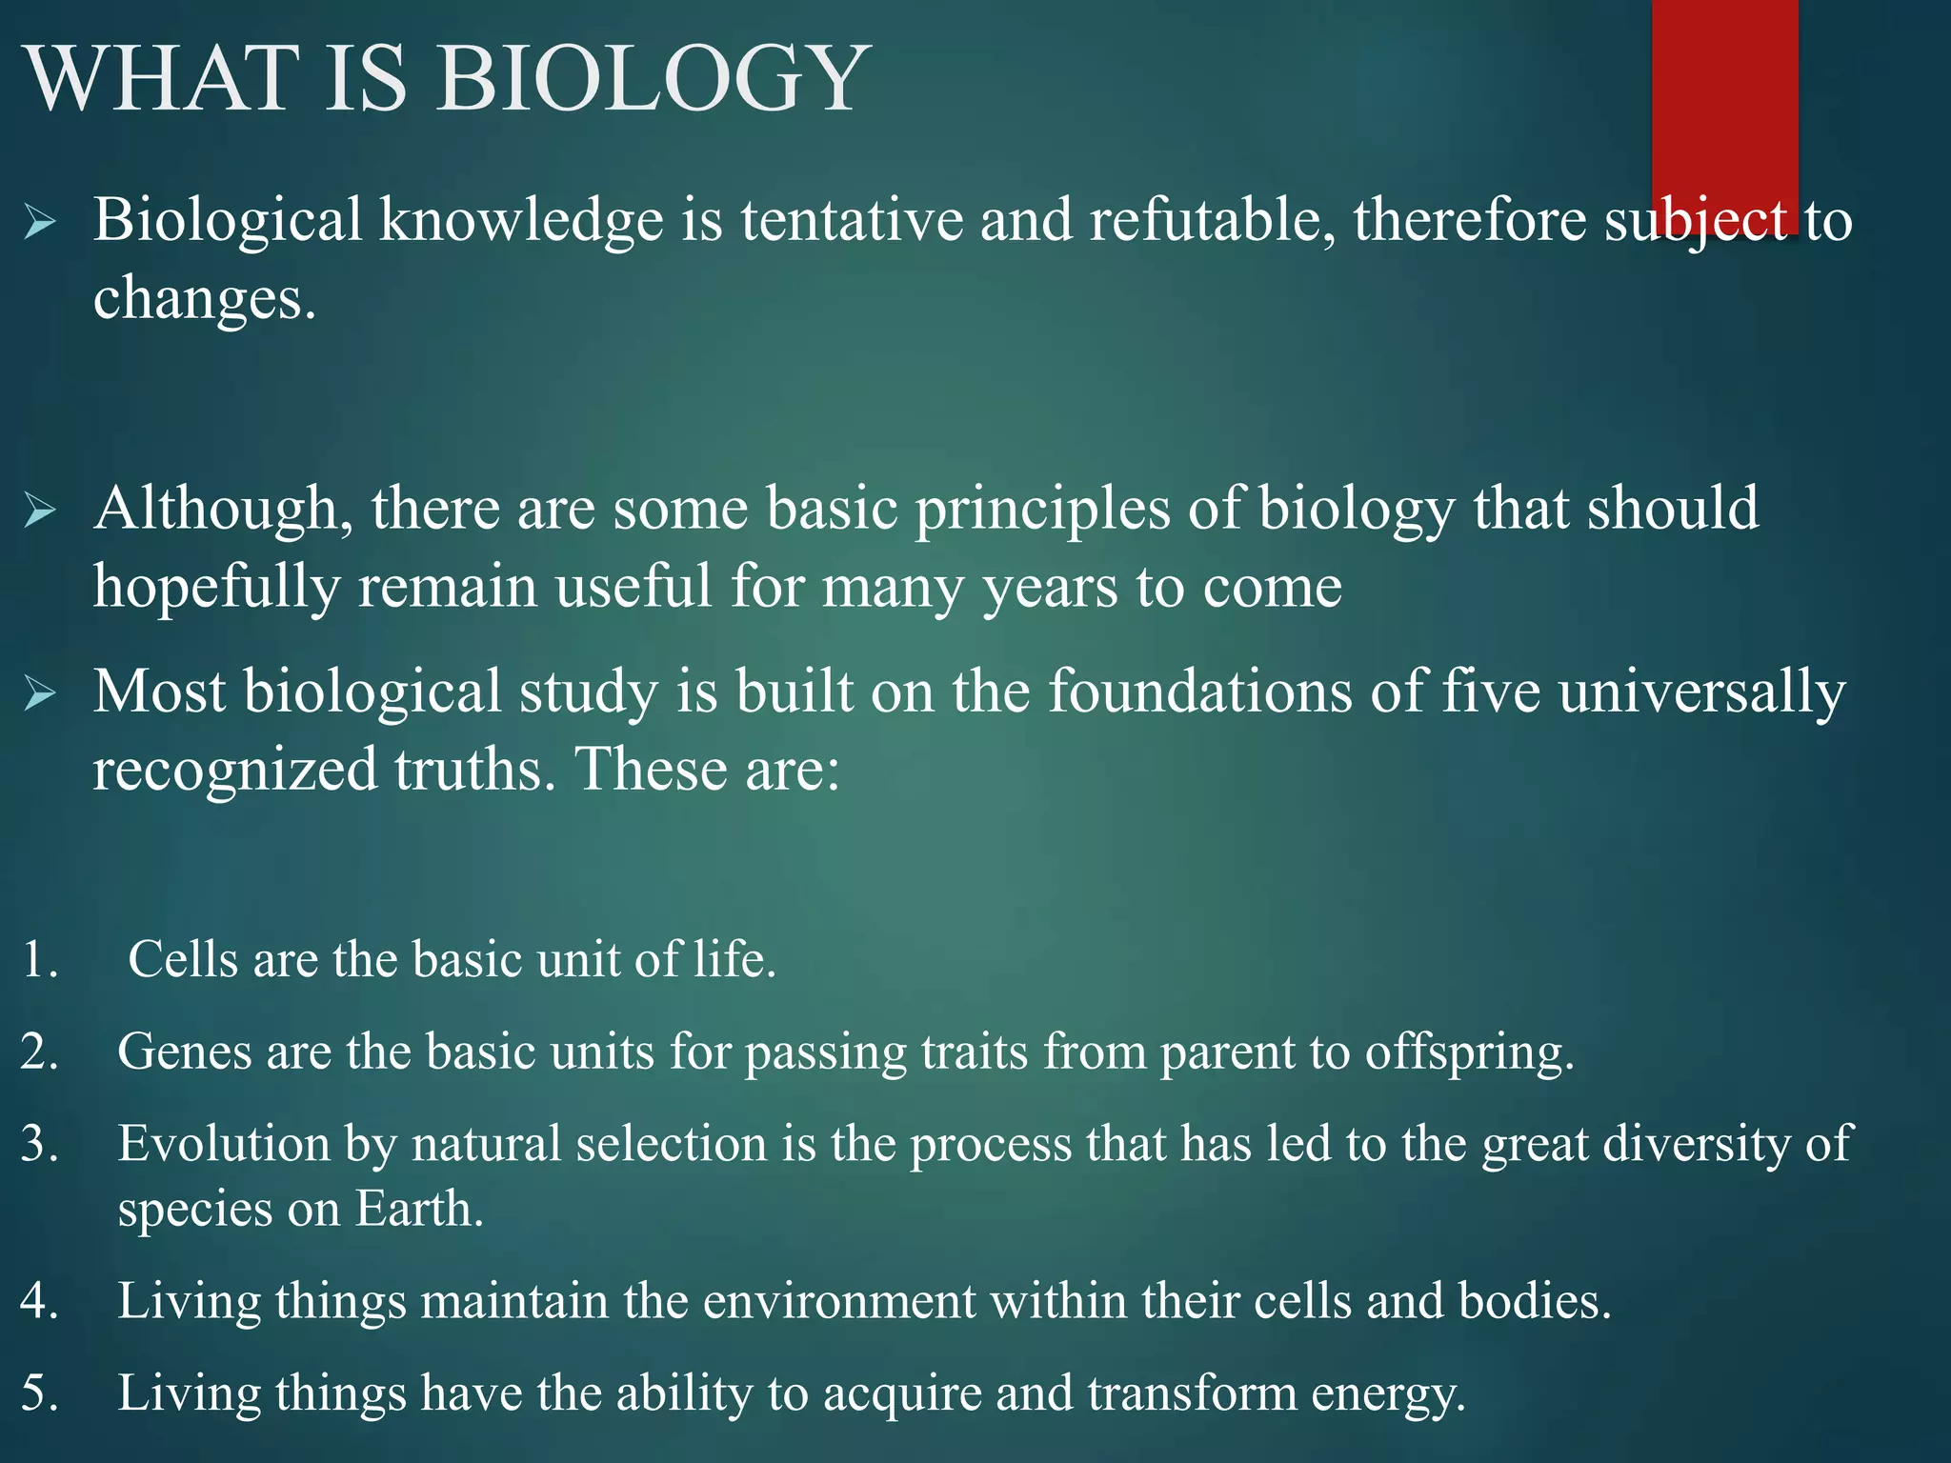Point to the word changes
coord(203,299)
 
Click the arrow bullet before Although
coord(40,511)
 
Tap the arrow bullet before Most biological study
coord(40,694)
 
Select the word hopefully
coord(216,588)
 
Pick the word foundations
coord(1199,691)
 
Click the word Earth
coord(419,1210)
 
